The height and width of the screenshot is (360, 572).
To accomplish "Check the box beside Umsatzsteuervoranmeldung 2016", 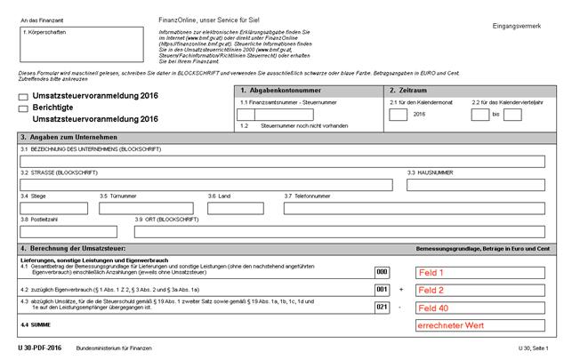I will click(x=23, y=95).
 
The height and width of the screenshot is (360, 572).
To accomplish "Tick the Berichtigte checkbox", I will click(x=23, y=108).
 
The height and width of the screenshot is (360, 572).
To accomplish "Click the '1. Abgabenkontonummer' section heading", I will click(x=277, y=91).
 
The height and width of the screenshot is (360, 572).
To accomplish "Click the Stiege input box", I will click(x=54, y=208).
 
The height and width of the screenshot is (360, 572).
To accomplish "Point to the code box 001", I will click(x=383, y=290).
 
